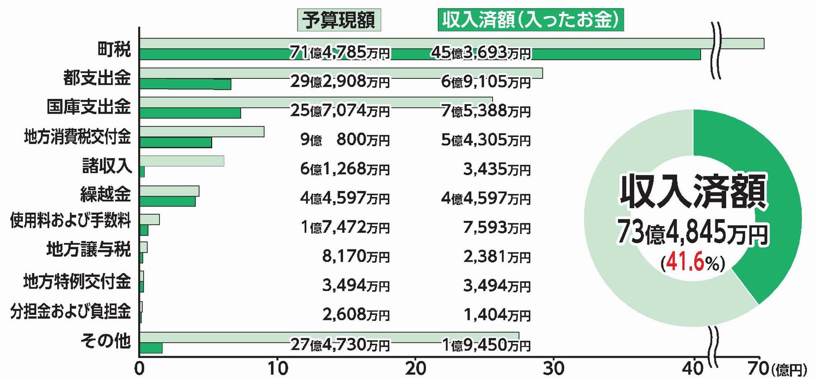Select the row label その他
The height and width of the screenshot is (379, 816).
[x=105, y=341]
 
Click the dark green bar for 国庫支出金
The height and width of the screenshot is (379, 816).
[x=190, y=113]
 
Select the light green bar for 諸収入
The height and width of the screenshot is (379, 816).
[x=182, y=161]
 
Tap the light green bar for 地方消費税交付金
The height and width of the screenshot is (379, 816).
[x=202, y=132]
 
